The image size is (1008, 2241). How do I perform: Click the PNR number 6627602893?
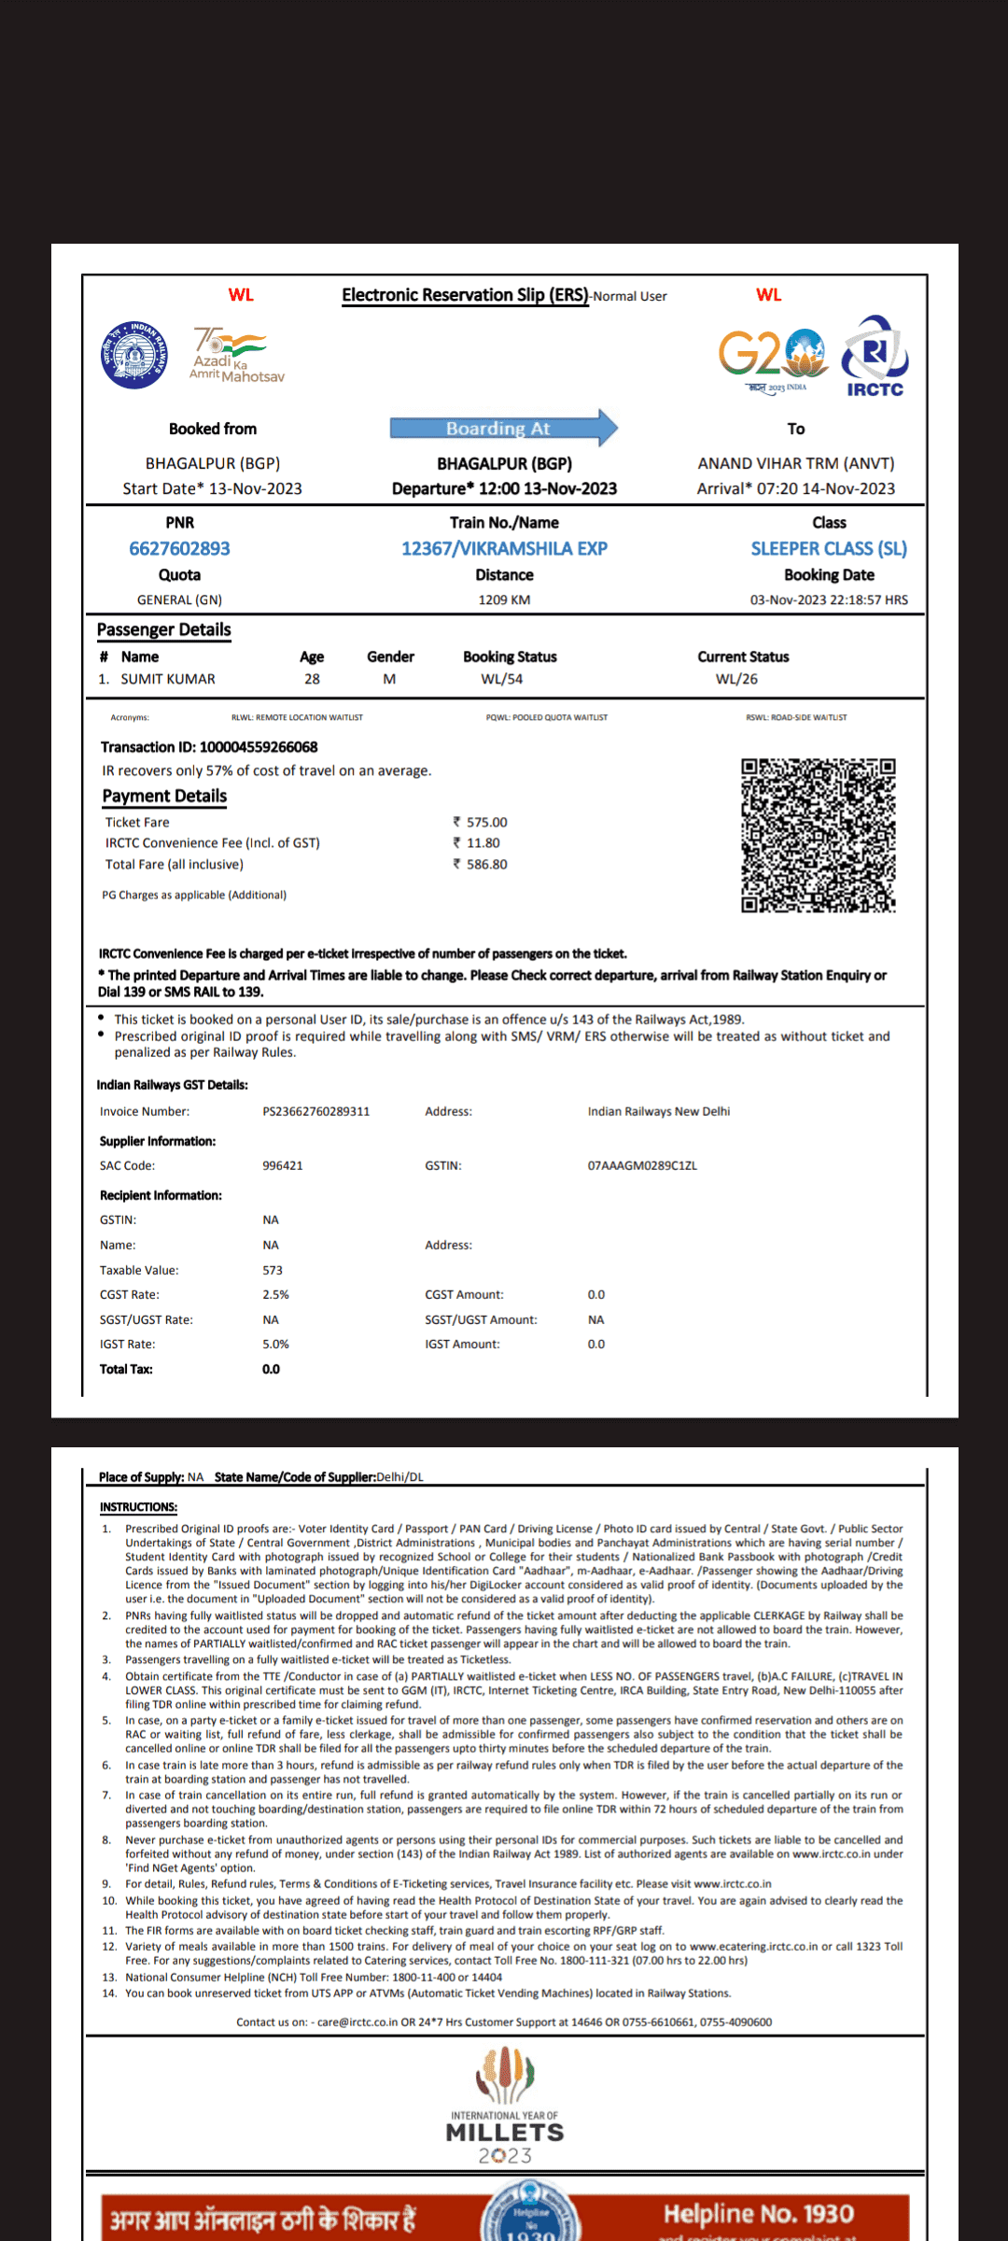[179, 549]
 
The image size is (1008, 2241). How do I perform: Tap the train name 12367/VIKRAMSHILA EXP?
[504, 549]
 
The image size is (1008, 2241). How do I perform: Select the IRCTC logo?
[875, 357]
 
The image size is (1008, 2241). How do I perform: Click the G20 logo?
[772, 358]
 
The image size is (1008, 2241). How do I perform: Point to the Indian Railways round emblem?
[135, 355]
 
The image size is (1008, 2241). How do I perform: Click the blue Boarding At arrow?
[503, 429]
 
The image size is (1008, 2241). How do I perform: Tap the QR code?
[819, 835]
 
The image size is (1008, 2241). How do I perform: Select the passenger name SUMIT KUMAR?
[168, 679]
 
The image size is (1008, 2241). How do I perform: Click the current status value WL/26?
[736, 679]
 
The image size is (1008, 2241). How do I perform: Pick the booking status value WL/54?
[501, 679]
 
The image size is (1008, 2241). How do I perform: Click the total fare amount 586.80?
[486, 865]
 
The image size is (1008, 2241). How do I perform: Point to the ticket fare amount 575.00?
[486, 823]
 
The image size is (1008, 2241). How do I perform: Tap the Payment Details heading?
[164, 796]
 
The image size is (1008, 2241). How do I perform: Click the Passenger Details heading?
[164, 630]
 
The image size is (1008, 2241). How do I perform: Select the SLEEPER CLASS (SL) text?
[829, 549]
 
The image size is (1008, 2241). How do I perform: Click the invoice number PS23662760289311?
[316, 1112]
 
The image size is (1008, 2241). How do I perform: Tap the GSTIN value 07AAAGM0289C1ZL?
[642, 1166]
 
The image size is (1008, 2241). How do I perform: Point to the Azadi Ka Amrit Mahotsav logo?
[235, 355]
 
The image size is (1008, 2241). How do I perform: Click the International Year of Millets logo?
[505, 2106]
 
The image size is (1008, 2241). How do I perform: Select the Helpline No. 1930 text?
[758, 2214]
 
